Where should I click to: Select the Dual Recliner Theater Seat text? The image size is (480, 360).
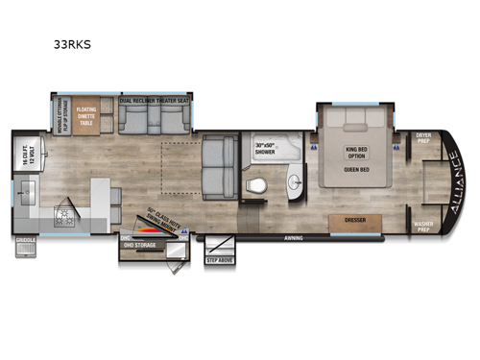tap(155, 99)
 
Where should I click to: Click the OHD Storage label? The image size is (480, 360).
tap(138, 243)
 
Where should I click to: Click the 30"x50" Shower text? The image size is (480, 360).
tap(265, 149)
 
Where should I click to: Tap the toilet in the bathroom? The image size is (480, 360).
tap(255, 185)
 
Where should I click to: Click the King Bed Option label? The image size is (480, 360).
tap(354, 153)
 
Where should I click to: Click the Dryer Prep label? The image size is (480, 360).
tap(422, 138)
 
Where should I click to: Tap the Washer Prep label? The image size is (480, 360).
tap(423, 228)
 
